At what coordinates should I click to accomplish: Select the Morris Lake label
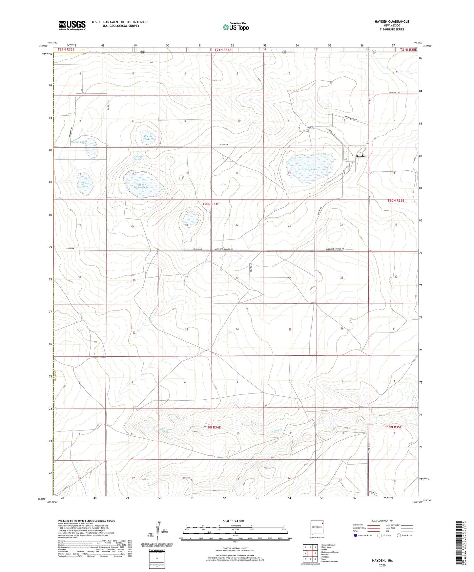click(x=78, y=142)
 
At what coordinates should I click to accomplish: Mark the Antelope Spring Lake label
click(x=139, y=186)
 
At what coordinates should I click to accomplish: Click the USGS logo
click(x=72, y=25)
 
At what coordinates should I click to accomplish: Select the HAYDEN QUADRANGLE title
click(x=392, y=22)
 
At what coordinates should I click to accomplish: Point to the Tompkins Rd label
click(x=395, y=93)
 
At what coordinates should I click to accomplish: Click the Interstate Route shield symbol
click(x=356, y=535)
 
